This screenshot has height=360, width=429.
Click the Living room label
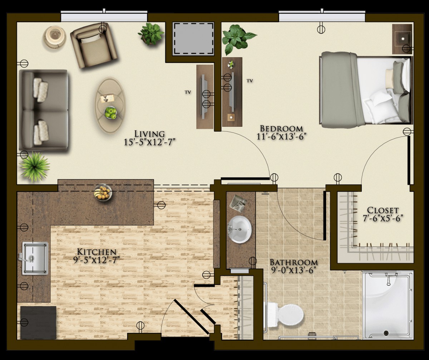click(x=149, y=134)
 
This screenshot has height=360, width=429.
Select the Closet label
click(x=383, y=210)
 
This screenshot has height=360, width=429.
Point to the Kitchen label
click(x=97, y=252)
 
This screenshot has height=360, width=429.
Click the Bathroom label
click(x=294, y=262)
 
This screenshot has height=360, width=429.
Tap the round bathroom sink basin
click(x=240, y=229)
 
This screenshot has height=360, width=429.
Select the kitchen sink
click(x=35, y=258)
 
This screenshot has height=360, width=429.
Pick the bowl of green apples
click(x=110, y=113)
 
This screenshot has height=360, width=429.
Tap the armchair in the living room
click(x=94, y=46)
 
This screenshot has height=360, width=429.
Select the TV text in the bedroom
click(x=250, y=81)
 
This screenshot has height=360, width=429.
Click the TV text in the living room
click(x=188, y=92)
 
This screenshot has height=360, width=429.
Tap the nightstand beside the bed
click(x=402, y=39)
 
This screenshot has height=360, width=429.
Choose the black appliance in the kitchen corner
click(x=38, y=322)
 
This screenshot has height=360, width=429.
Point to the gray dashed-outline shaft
click(x=193, y=39)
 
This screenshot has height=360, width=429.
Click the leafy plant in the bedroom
click(x=238, y=39)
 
